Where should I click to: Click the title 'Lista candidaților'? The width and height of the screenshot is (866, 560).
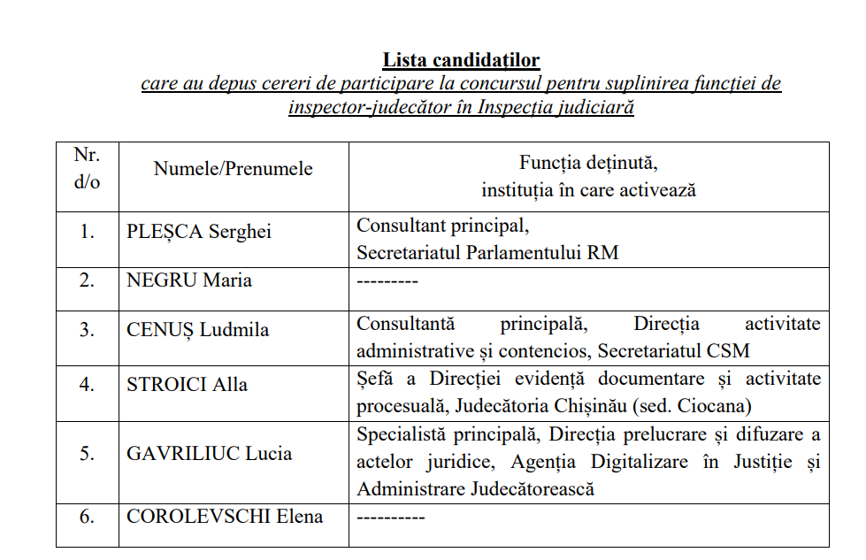[x=461, y=60]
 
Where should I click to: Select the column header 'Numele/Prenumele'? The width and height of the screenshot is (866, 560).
[x=233, y=168]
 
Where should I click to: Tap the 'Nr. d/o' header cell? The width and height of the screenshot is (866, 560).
[x=87, y=168]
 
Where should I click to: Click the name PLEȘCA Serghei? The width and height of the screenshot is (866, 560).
[x=199, y=232]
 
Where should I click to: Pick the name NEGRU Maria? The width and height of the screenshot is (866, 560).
[x=189, y=280]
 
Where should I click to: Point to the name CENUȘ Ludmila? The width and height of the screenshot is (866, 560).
[x=198, y=330]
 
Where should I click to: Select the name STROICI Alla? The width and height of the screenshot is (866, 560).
[x=188, y=385]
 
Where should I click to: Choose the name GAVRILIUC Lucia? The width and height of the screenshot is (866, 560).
[x=210, y=454]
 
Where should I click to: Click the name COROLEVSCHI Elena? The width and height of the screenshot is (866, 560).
[x=225, y=517]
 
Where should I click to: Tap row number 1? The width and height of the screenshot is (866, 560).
[x=87, y=232]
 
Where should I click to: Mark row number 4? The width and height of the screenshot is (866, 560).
[x=87, y=385]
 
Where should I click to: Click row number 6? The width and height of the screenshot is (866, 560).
[x=87, y=517]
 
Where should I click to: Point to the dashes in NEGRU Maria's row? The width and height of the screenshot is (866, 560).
[x=387, y=281]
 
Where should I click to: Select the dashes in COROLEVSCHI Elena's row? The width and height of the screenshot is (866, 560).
[x=390, y=518]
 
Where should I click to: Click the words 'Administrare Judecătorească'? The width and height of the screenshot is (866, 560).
[x=475, y=488]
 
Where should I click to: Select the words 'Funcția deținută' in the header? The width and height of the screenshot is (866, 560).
[x=588, y=163]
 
